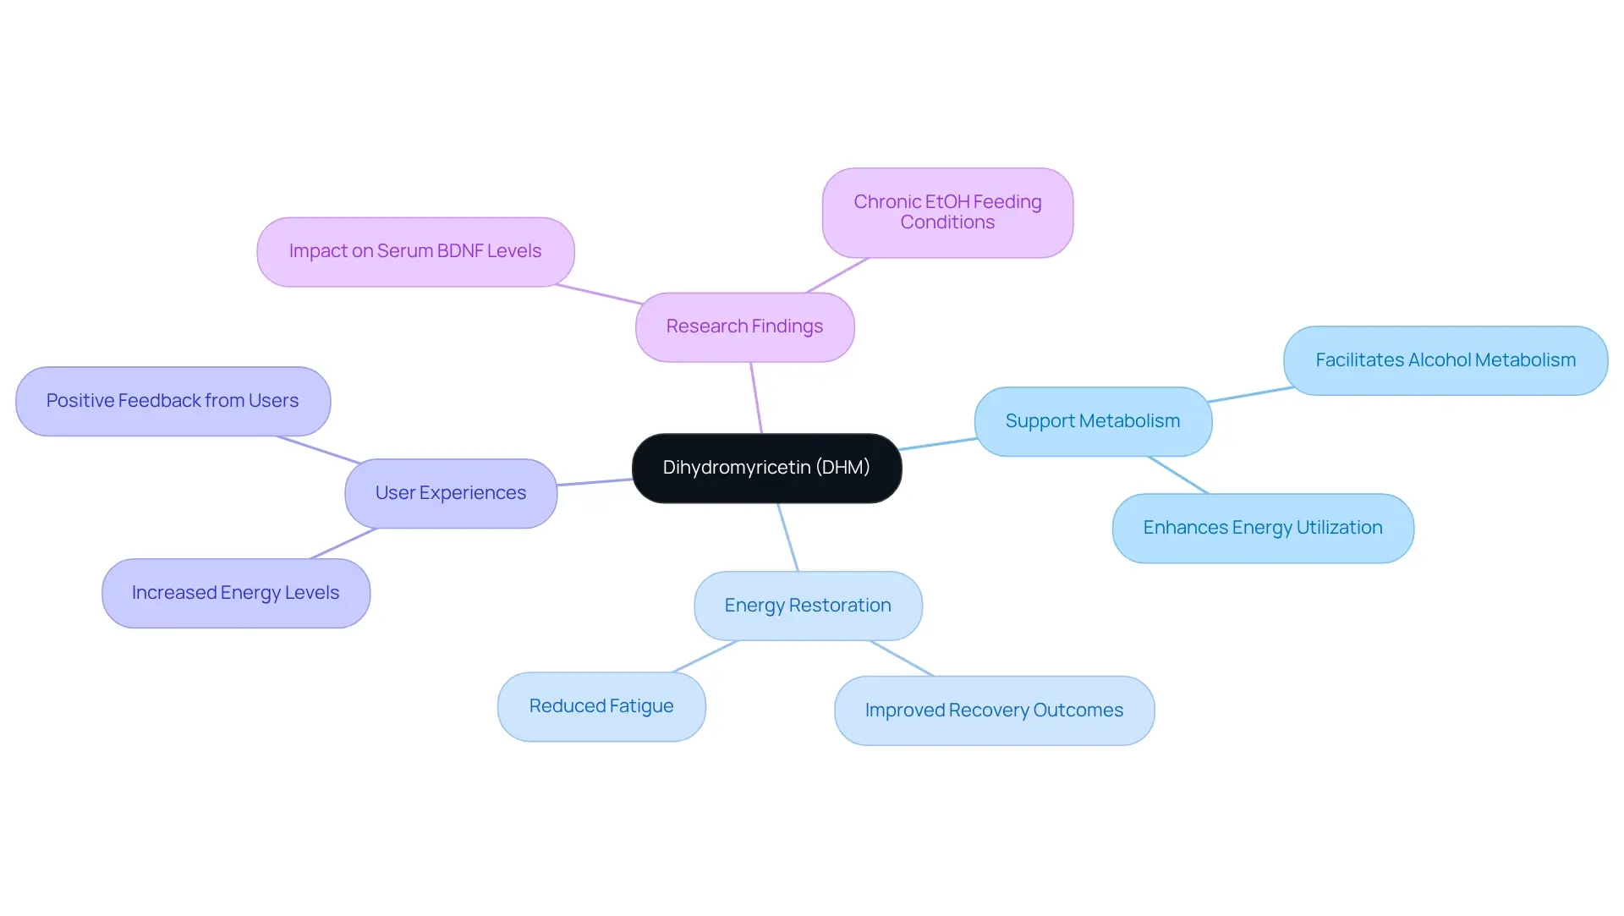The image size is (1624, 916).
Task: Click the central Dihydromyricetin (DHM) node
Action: (766, 468)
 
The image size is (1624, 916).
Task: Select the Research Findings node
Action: (744, 326)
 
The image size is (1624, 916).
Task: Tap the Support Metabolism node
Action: (1092, 421)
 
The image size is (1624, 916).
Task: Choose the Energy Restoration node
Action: (808, 606)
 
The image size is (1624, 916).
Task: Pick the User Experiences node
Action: (450, 493)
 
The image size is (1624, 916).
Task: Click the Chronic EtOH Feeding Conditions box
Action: (947, 212)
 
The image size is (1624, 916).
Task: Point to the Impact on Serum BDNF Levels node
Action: (414, 251)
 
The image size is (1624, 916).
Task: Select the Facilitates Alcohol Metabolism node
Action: (1445, 360)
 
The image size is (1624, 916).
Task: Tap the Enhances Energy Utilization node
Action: (1262, 528)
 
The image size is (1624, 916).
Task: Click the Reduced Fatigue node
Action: (601, 706)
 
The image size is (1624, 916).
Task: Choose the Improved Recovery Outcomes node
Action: (994, 710)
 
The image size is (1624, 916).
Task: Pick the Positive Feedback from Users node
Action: (173, 401)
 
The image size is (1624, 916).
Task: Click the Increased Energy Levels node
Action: (235, 593)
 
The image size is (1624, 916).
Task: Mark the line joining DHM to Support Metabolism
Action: (938, 444)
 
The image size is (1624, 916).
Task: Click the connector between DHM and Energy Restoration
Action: (788, 538)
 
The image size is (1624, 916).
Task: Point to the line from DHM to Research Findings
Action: (756, 398)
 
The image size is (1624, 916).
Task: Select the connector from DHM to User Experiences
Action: (595, 482)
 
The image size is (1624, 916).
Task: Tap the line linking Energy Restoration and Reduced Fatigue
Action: (705, 657)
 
